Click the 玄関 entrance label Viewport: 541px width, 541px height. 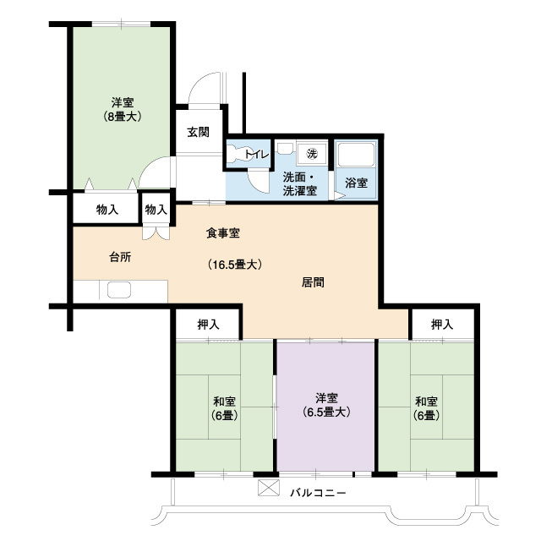(199, 132)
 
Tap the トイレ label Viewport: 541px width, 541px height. (256, 154)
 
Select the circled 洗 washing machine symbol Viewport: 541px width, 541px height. (311, 153)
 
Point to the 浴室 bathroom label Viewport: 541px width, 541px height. (356, 183)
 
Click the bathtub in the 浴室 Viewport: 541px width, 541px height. (356, 155)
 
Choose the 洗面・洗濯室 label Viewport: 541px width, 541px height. (299, 184)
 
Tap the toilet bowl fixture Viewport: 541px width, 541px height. (235, 156)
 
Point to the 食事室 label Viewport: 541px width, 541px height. (223, 232)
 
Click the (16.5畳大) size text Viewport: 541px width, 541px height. (235, 265)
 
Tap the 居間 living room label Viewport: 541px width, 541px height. (314, 282)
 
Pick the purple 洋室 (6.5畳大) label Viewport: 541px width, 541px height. (327, 405)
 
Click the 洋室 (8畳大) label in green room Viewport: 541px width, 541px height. (123, 109)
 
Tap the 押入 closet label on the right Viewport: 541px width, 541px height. (441, 324)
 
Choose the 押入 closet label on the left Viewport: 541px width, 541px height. (208, 324)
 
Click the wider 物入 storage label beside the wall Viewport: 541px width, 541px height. (107, 209)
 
